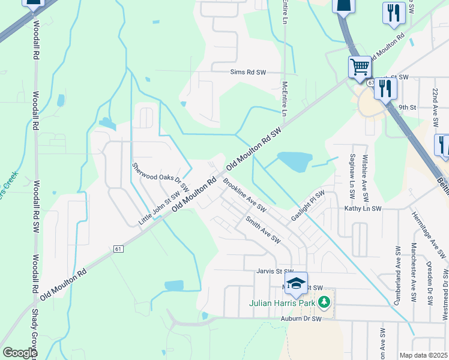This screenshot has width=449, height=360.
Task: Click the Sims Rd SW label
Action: (x=248, y=72)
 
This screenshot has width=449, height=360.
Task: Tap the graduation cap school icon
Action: (x=296, y=284)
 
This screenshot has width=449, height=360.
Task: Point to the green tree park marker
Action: (x=325, y=301)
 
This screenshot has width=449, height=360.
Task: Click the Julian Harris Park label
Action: (x=282, y=302)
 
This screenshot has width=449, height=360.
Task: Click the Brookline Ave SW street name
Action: (x=244, y=194)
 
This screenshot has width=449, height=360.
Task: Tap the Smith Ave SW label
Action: (x=263, y=230)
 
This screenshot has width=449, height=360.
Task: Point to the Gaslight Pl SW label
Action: (x=308, y=205)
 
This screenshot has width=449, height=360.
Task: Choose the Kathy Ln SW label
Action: (x=363, y=209)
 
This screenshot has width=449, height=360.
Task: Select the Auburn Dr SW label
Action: (x=301, y=319)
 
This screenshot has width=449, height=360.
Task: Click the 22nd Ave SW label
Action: (x=435, y=106)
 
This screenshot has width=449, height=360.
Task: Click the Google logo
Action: (x=19, y=353)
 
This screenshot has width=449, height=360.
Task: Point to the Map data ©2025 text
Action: (x=423, y=355)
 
